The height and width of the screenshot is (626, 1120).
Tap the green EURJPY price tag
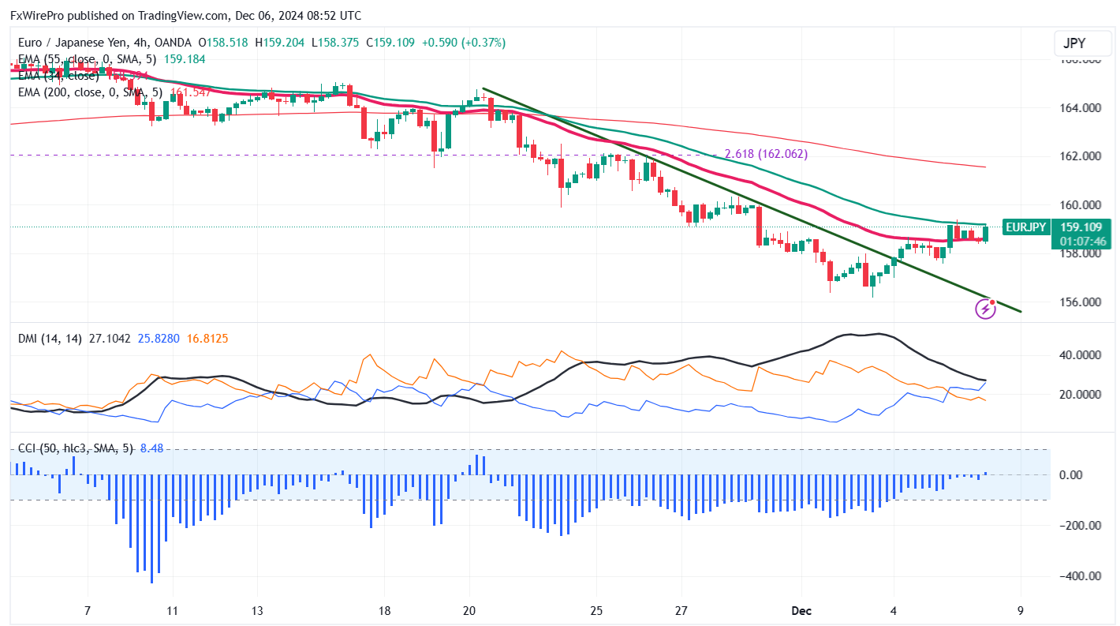[x=1025, y=227]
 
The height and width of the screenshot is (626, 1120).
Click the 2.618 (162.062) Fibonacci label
[x=766, y=154]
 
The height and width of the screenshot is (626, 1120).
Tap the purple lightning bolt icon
[x=985, y=309]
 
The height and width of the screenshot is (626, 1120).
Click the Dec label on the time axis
[x=801, y=610]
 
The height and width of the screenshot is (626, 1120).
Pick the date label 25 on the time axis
[x=596, y=610]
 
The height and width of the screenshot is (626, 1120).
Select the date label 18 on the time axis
[x=384, y=610]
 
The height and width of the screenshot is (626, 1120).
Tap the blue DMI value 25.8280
[x=159, y=339]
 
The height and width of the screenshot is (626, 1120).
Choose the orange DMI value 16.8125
[x=208, y=339]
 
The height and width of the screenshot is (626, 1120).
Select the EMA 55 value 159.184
[x=183, y=58]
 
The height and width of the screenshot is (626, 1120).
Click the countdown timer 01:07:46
[x=1083, y=241]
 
